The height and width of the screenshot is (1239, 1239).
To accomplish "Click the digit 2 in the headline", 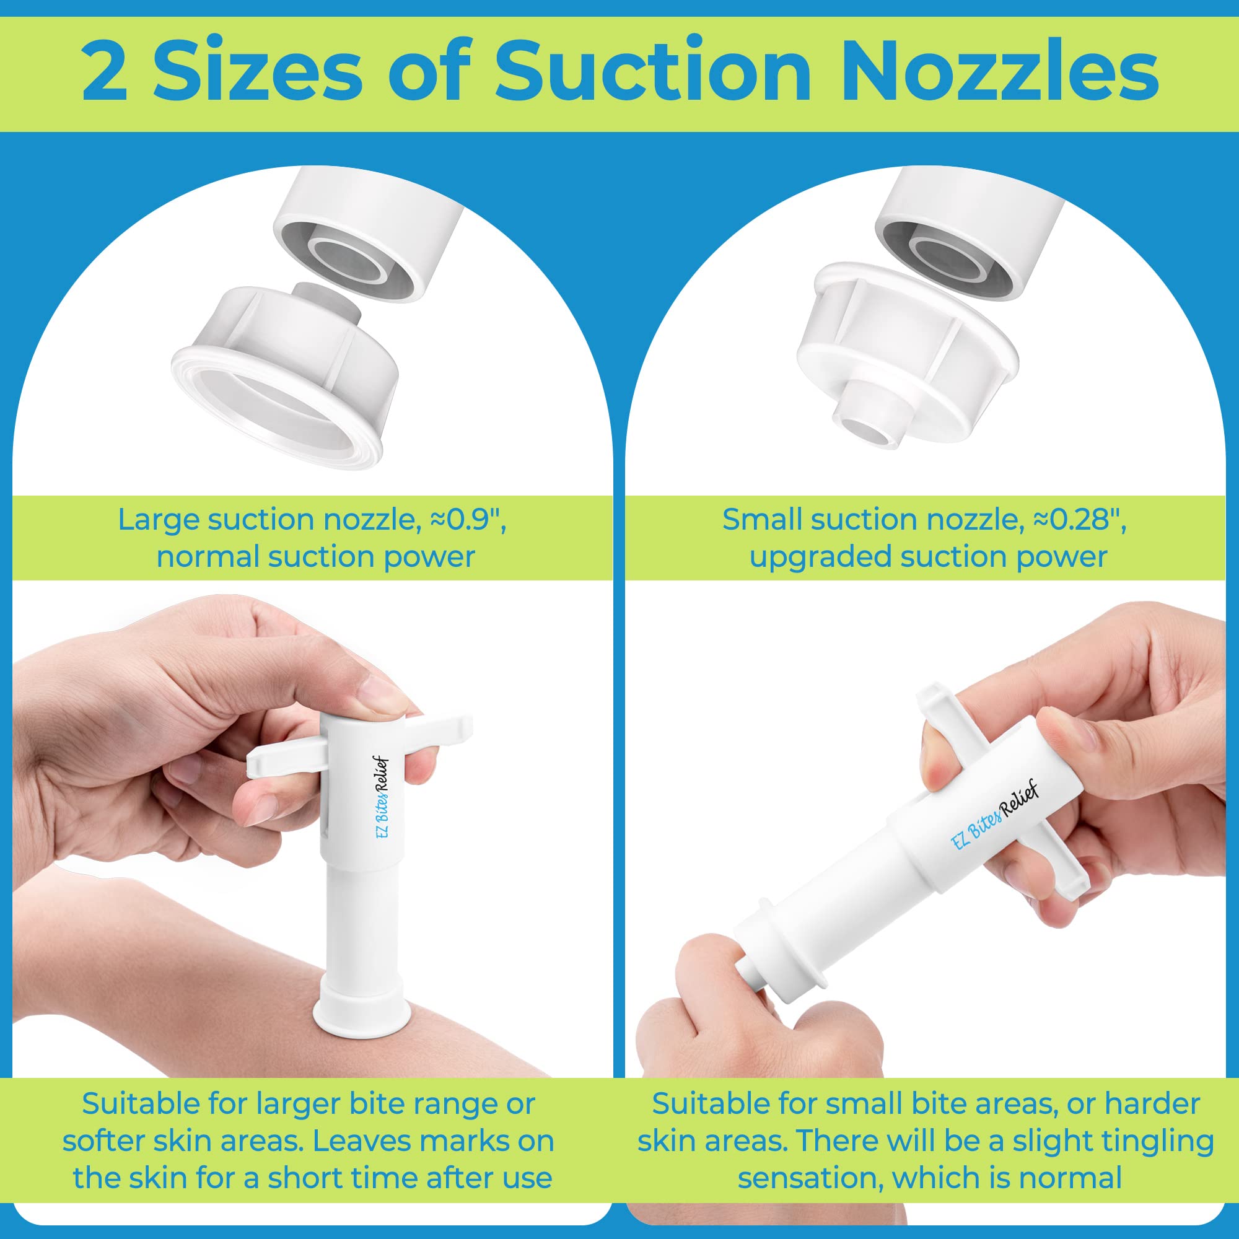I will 105,72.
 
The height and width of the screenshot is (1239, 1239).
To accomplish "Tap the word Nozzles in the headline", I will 1005,72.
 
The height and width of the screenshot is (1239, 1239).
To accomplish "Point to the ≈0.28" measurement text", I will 1080,520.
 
